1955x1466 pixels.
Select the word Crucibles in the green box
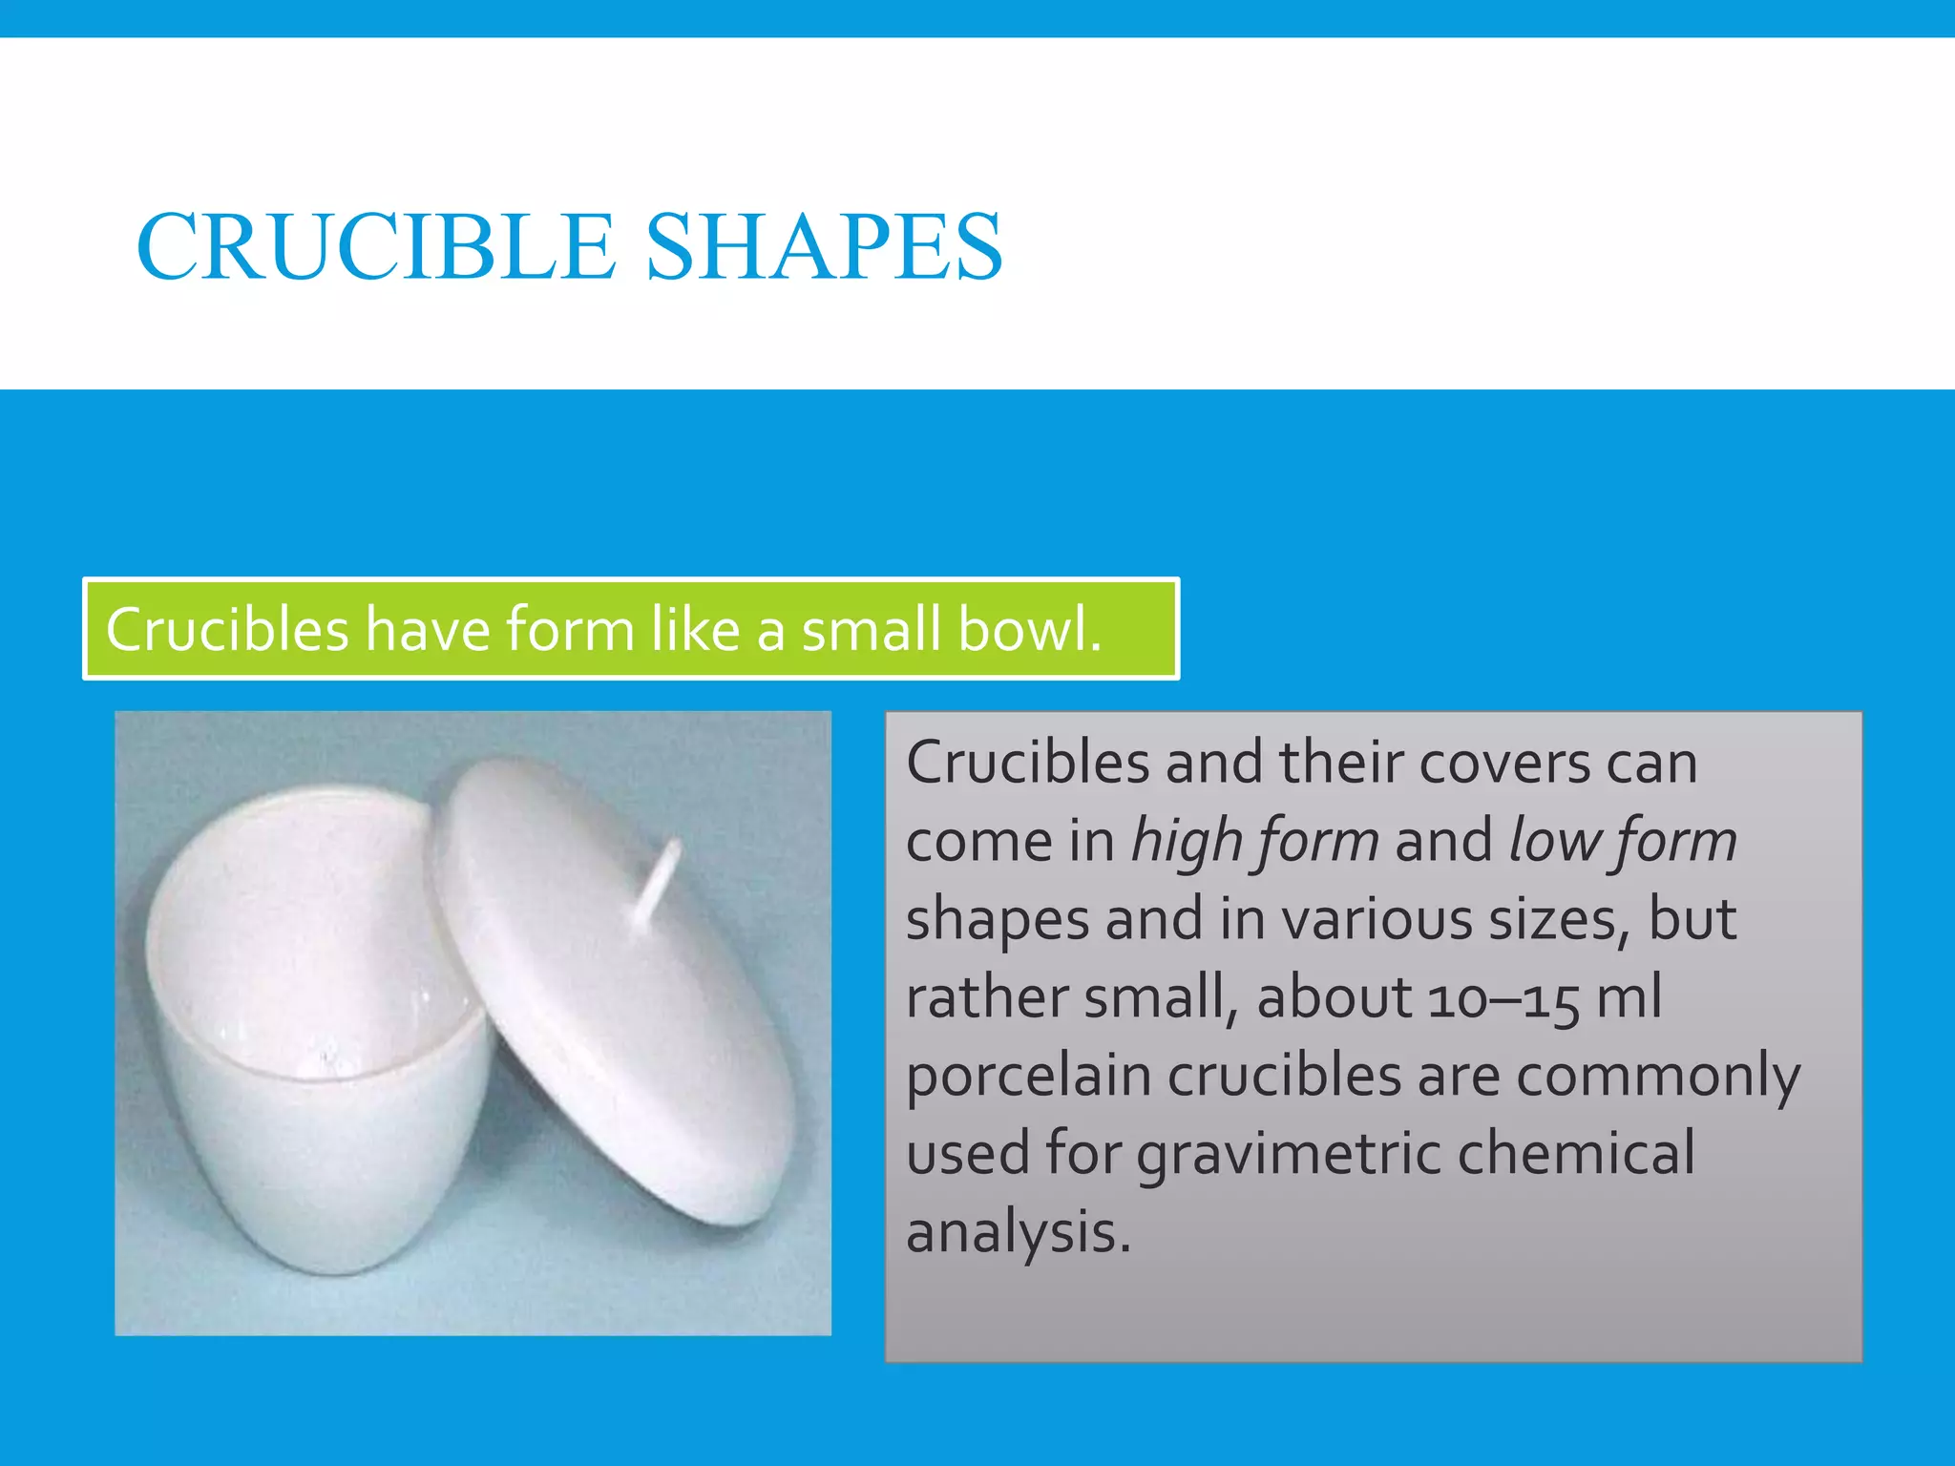[227, 630]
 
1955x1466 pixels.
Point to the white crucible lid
[611, 983]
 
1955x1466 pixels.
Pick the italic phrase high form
[1254, 842]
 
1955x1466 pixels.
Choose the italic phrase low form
[1622, 842]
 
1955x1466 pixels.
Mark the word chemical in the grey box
[1575, 1153]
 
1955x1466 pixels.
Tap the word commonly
[1658, 1077]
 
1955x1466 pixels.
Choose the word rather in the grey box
[985, 998]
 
